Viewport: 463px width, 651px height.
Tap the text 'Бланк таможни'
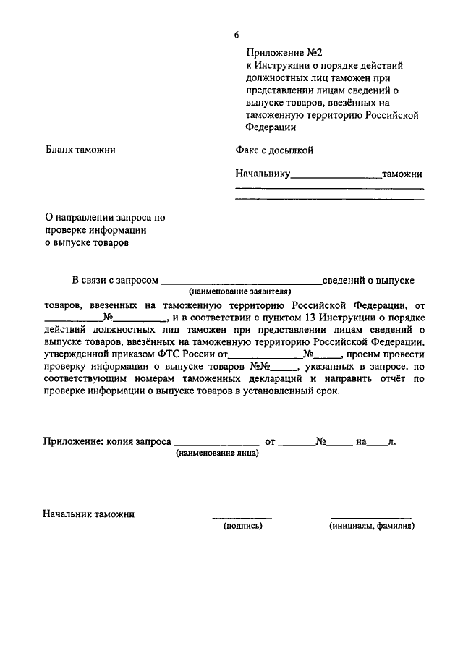[80, 150]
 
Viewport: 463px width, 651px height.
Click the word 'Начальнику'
[263, 174]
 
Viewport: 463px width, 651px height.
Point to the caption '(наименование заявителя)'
[240, 291]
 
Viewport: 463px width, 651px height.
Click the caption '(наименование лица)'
[216, 453]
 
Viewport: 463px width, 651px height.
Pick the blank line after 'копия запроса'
[216, 441]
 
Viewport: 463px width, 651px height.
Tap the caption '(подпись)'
[242, 526]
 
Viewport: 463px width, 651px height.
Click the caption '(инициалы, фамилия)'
[371, 526]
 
